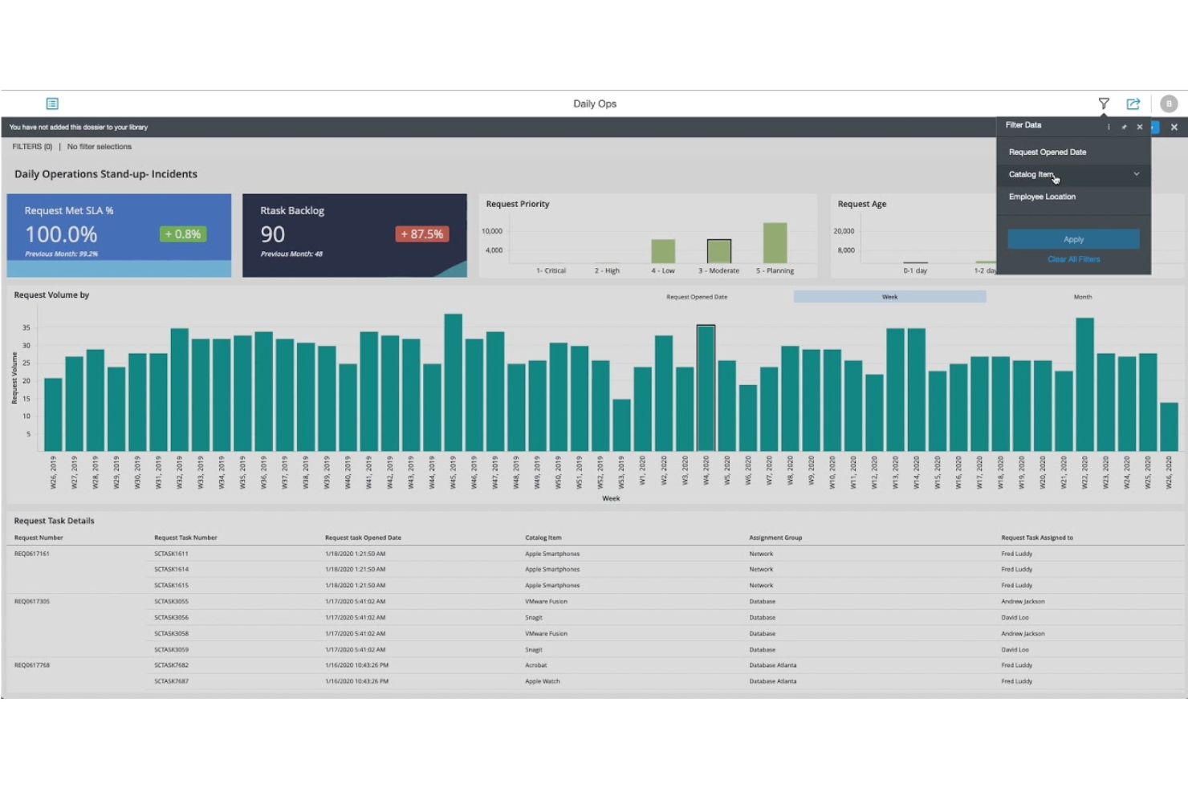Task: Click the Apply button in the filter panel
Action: tap(1073, 239)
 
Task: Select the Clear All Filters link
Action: tap(1073, 259)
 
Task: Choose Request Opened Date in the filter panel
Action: tap(1048, 152)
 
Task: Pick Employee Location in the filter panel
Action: tap(1042, 197)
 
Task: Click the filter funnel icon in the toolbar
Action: tap(1104, 104)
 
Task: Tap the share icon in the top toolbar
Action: tap(1133, 104)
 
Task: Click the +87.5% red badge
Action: tap(421, 234)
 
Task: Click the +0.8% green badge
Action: tap(183, 234)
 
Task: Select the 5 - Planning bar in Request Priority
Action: tap(775, 243)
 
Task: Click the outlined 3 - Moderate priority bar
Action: tap(718, 251)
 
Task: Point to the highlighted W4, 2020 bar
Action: tap(706, 388)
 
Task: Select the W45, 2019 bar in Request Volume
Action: tap(454, 383)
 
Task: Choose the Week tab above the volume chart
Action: tap(889, 297)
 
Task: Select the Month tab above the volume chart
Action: tap(1082, 297)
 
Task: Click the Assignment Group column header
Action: tap(775, 538)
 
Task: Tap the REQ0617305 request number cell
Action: tap(32, 601)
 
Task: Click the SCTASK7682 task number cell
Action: tap(171, 665)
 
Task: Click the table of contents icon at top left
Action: tap(52, 104)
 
